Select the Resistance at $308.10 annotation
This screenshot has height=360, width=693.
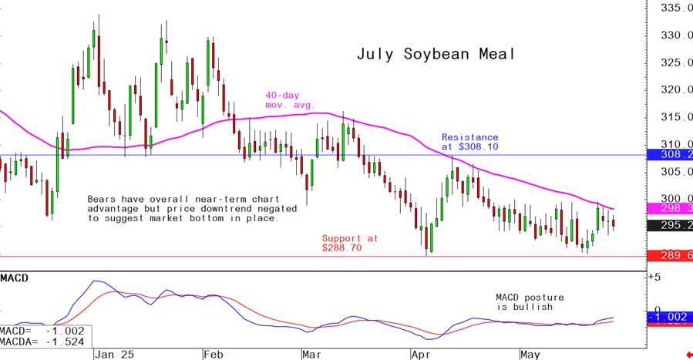coord(469,142)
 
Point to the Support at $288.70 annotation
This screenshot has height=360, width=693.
coord(350,243)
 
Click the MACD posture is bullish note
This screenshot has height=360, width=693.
coord(530,301)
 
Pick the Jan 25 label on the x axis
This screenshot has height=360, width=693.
coord(114,354)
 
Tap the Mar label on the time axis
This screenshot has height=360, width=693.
coord(311,354)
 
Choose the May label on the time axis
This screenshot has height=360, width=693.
coord(530,354)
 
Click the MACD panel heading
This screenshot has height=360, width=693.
coord(15,277)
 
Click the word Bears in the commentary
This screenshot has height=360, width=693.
coord(103,199)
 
